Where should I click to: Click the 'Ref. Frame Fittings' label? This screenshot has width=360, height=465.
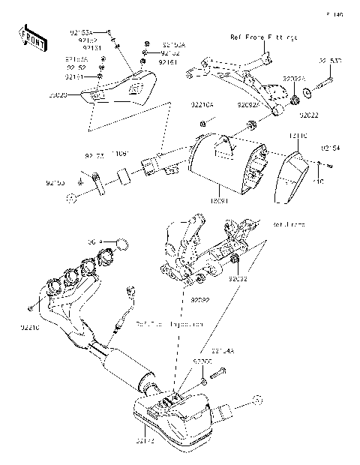point(262,36)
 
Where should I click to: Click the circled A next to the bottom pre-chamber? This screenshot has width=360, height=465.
point(256,400)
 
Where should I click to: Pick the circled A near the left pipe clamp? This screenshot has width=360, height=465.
point(72,198)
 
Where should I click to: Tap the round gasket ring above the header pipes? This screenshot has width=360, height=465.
point(124,244)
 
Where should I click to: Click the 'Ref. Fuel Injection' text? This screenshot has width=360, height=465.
point(169,325)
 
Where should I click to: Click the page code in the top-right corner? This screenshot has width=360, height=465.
point(334,14)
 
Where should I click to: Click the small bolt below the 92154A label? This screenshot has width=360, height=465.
point(220,371)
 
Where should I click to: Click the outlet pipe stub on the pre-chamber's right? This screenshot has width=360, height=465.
point(226,411)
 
